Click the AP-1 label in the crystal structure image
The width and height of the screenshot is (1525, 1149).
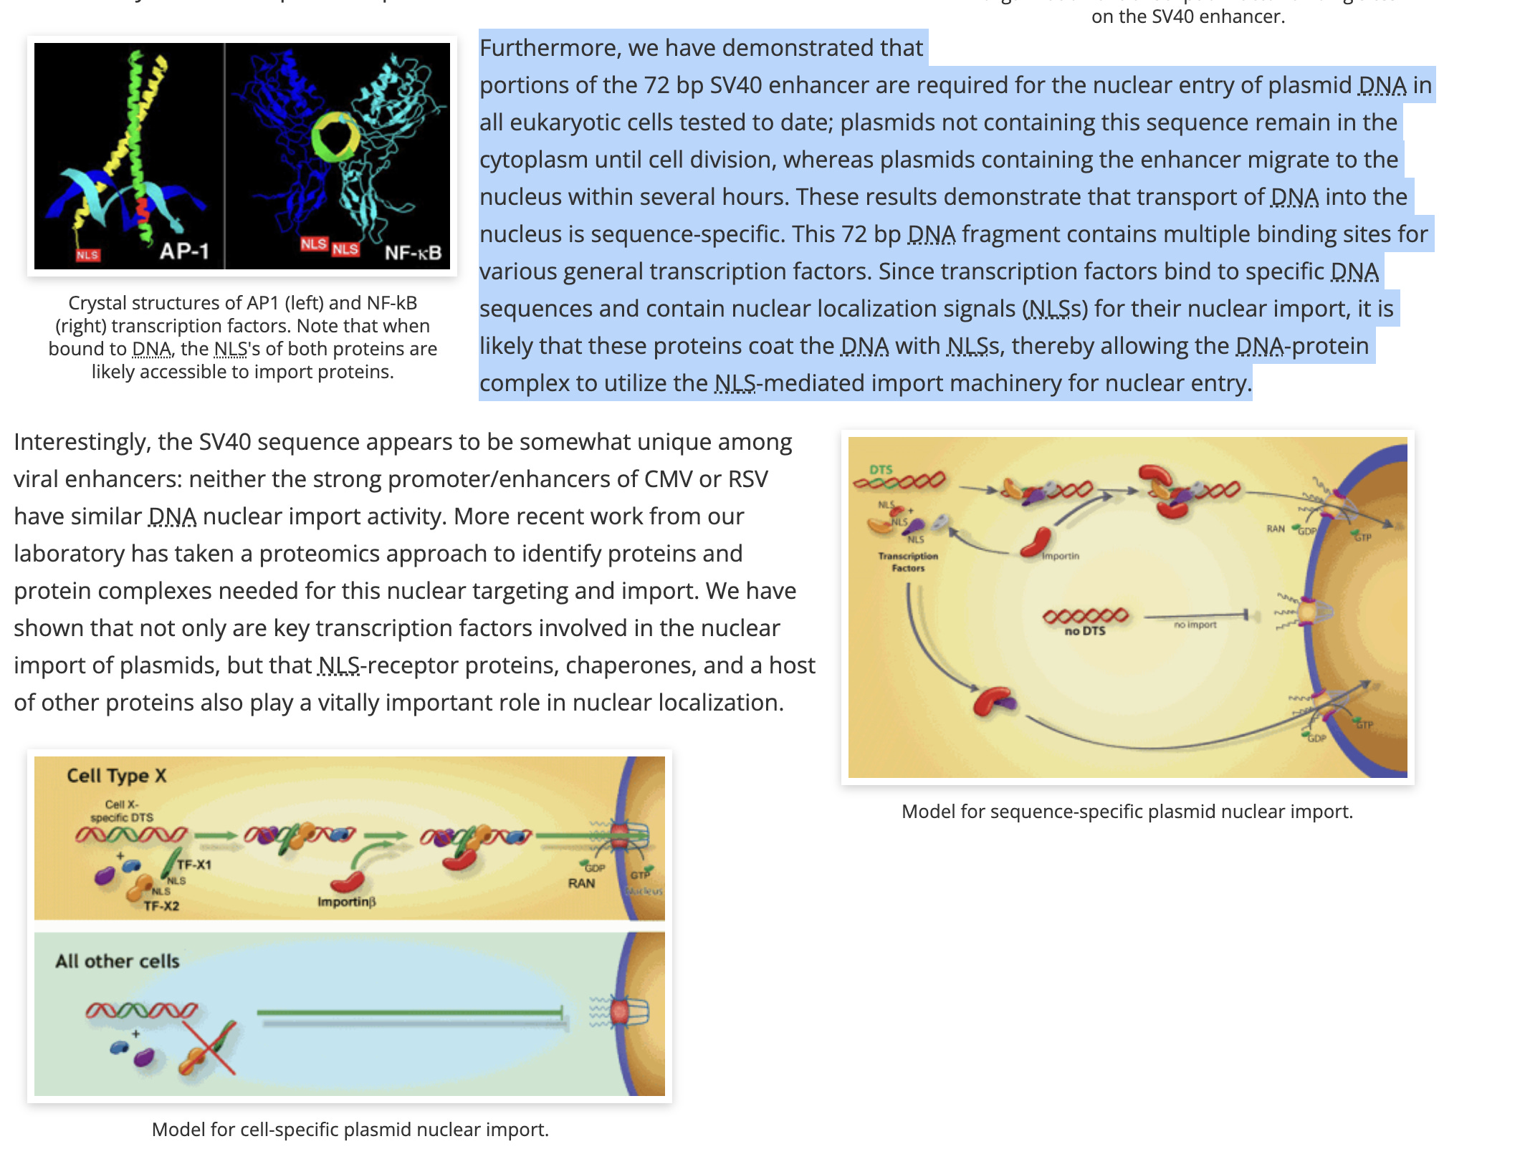(184, 251)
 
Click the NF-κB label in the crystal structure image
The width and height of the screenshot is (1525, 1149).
(413, 252)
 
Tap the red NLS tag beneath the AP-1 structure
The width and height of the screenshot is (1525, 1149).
(87, 255)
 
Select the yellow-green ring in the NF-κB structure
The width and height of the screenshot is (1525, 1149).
(335, 135)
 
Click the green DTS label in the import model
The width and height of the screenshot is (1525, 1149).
(881, 469)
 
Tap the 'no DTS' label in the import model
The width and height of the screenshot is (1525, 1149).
(1084, 631)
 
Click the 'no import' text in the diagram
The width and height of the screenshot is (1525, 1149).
(1195, 625)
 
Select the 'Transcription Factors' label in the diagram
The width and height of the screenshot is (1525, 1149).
(908, 562)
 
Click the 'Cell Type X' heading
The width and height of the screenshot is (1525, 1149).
(116, 776)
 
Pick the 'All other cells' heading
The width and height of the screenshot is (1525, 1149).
(118, 961)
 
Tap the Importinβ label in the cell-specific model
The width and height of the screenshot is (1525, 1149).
(346, 901)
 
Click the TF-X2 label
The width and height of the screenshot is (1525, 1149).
(161, 906)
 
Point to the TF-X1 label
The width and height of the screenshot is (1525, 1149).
(194, 865)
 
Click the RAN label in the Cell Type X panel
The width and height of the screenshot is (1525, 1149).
(581, 883)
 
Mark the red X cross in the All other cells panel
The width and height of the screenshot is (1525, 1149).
(209, 1048)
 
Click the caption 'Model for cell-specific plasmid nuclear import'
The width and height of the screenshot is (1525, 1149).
(350, 1130)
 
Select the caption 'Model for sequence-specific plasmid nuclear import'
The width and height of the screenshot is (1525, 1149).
(1127, 812)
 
